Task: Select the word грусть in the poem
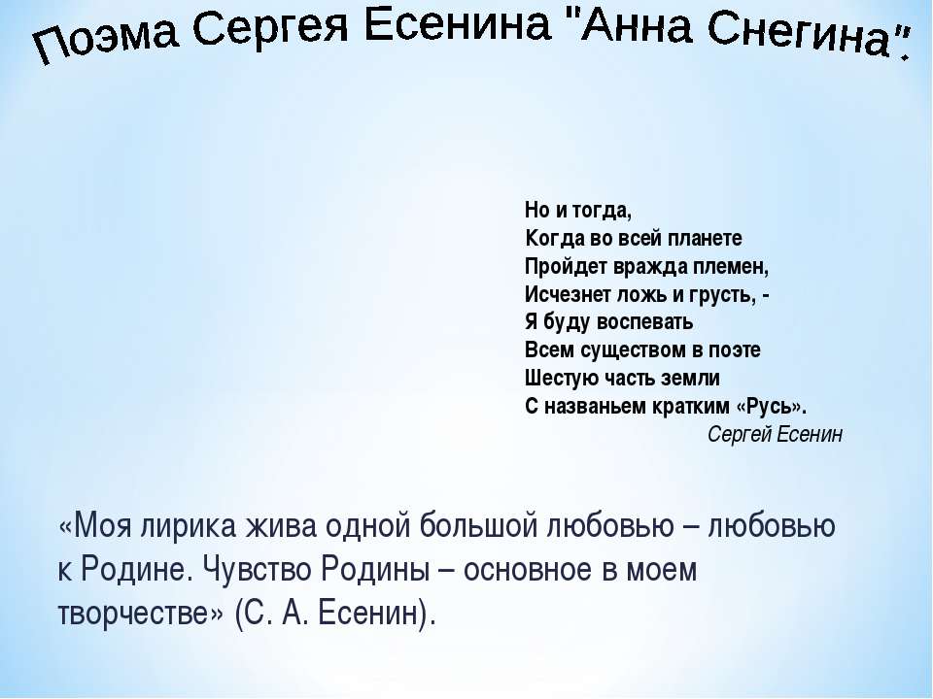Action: tap(720, 294)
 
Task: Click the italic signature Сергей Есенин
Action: tap(775, 434)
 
